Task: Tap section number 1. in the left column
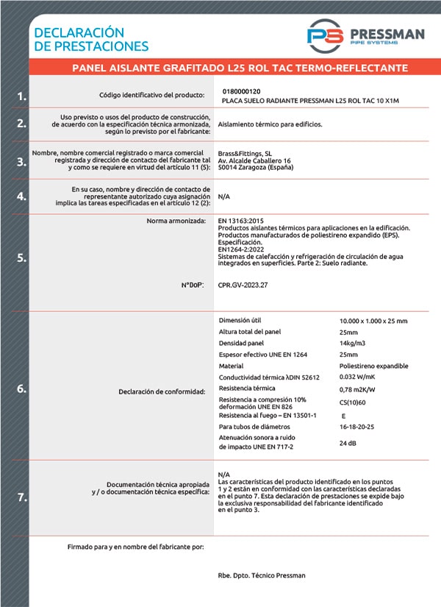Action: pyautogui.click(x=22, y=96)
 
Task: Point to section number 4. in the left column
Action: pyautogui.click(x=22, y=196)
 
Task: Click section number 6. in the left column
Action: pyautogui.click(x=22, y=389)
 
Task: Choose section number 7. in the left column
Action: pyautogui.click(x=22, y=497)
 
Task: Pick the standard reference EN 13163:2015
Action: pyautogui.click(x=240, y=220)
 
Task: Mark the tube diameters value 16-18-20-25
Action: pyautogui.click(x=358, y=427)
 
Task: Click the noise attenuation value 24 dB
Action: pyautogui.click(x=348, y=444)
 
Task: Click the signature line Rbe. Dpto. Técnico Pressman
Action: pyautogui.click(x=262, y=575)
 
